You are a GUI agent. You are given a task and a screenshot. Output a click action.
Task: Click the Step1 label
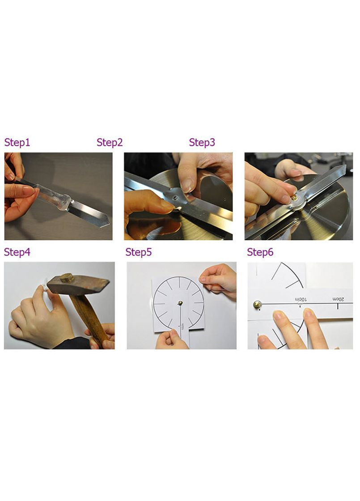point(17,143)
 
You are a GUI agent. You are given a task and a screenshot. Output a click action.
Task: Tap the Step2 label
point(110,143)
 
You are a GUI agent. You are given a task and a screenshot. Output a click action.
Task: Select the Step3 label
point(202,143)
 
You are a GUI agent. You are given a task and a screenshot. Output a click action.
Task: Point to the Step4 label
point(17,252)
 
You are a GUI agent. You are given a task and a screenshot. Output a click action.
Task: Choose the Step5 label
point(139,252)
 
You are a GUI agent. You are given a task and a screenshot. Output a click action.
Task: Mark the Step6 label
point(260,252)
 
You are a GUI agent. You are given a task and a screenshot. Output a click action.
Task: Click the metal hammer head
point(78,284)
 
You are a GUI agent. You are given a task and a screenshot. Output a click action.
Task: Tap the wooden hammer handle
point(91,319)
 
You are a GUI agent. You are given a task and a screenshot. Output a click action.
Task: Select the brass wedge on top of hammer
point(67,278)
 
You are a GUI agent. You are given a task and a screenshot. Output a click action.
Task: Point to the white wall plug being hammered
point(45,284)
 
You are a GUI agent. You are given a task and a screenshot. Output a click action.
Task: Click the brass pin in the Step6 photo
point(258,305)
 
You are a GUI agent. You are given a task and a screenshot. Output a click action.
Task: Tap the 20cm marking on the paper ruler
point(338,299)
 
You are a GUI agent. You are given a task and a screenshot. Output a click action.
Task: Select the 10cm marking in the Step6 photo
point(301,299)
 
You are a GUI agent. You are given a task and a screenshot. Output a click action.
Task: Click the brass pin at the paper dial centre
point(180,303)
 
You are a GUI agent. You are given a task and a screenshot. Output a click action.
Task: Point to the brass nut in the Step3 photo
point(294,198)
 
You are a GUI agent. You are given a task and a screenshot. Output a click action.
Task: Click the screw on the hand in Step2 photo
point(174,198)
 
